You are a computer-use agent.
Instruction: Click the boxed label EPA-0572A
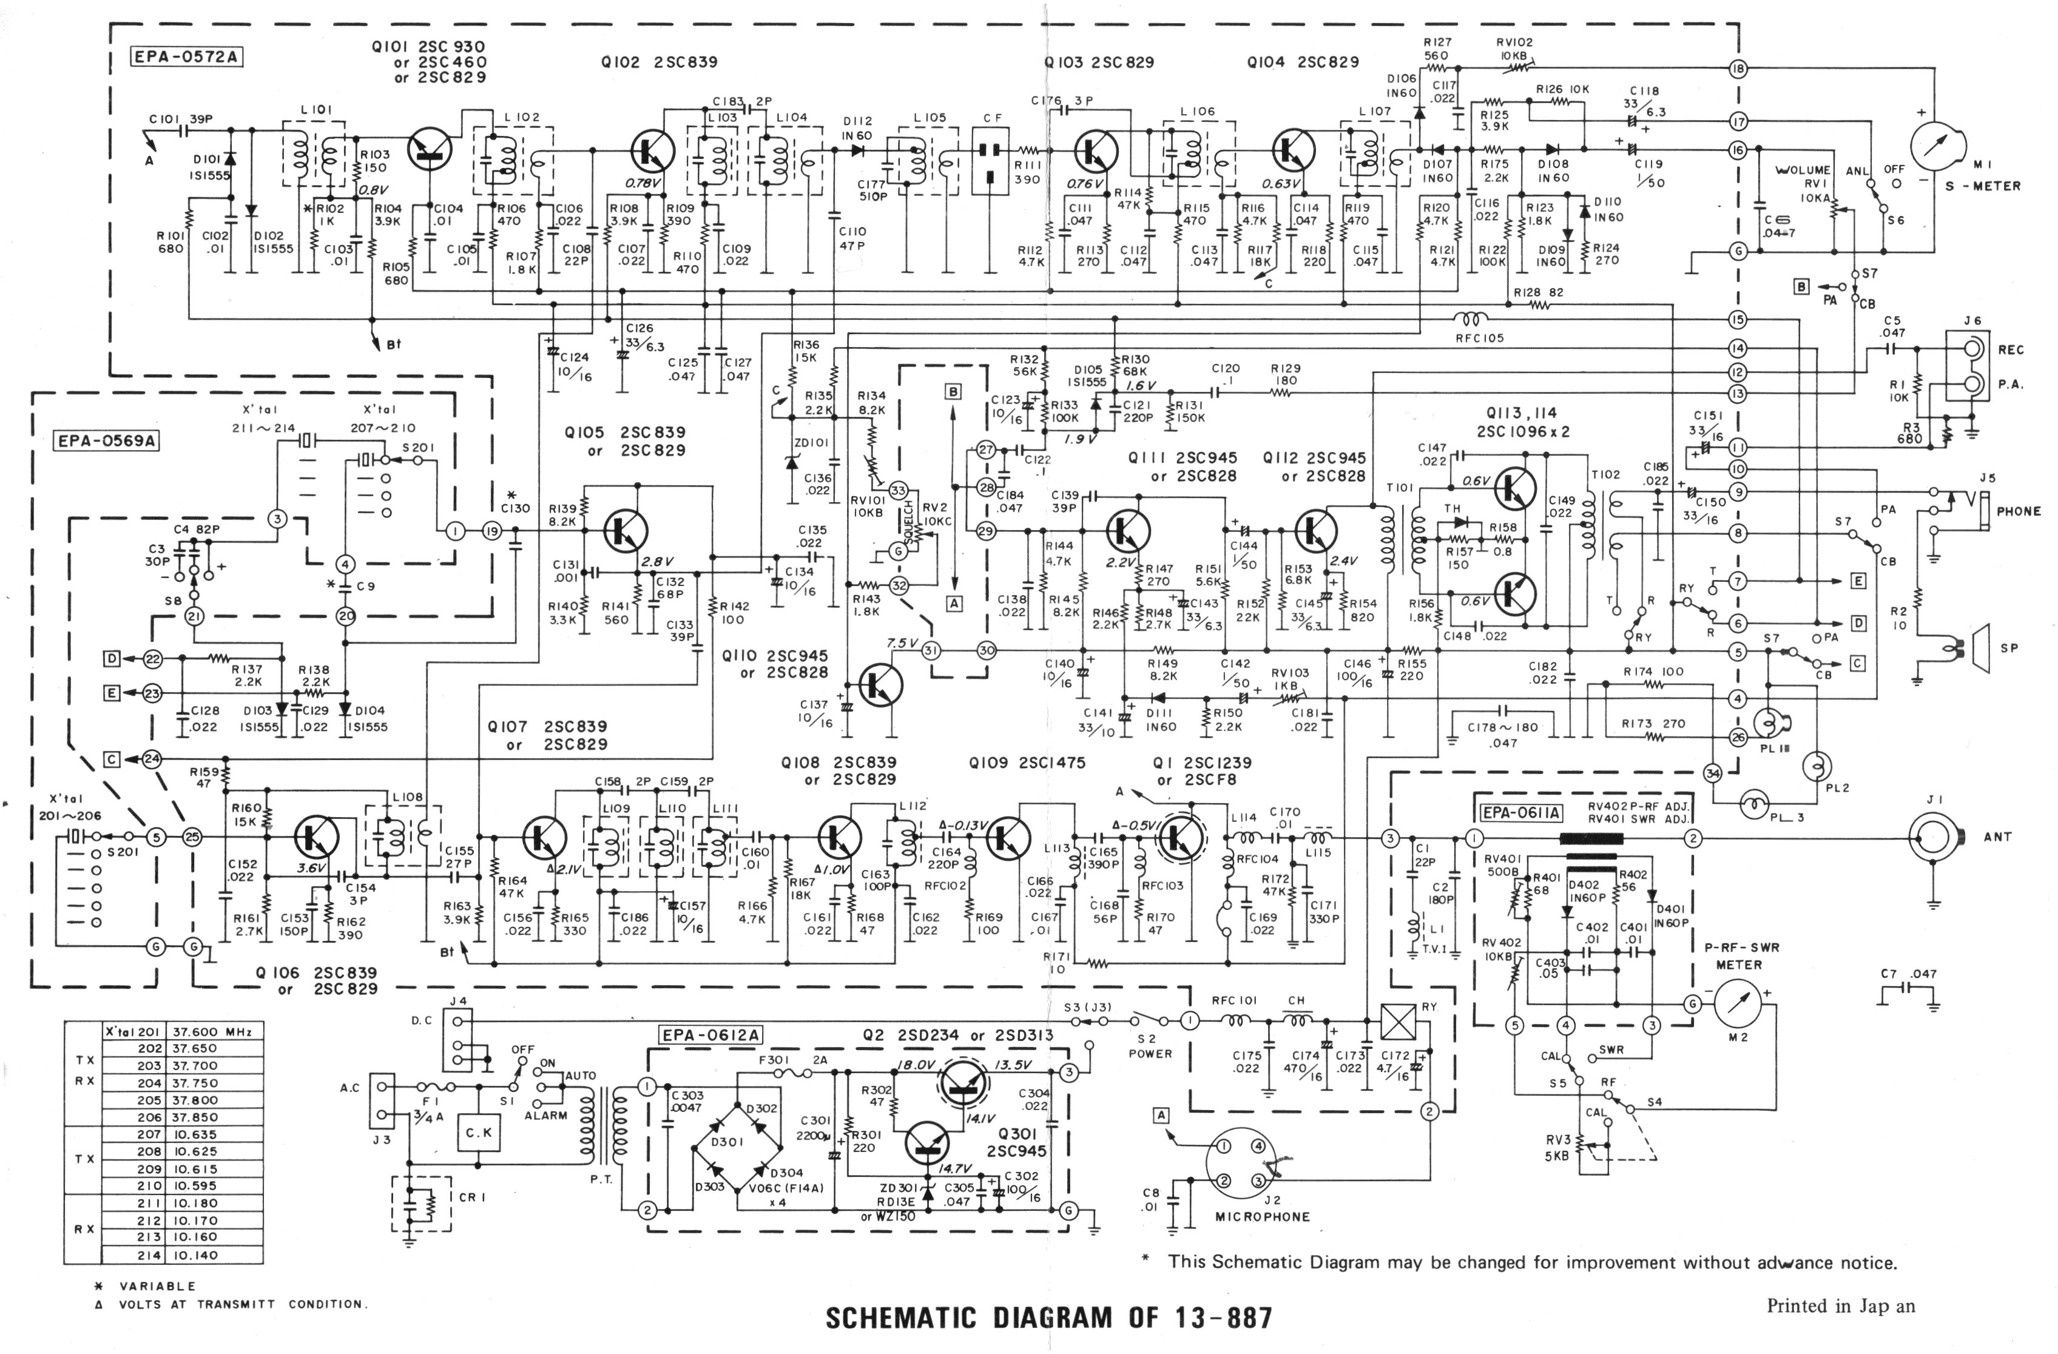tap(186, 58)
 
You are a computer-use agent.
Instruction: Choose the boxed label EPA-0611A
tap(1522, 813)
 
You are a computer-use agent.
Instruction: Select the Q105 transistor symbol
tap(624, 530)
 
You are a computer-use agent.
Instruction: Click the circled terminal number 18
tap(1737, 69)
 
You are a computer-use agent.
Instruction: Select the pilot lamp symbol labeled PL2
tap(1816, 765)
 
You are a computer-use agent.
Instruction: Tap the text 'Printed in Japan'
tap(1840, 1305)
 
